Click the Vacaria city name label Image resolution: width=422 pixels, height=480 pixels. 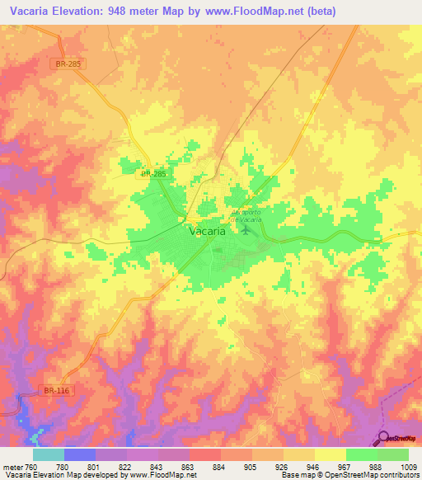(x=207, y=232)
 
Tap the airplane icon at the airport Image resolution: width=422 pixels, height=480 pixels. (x=245, y=228)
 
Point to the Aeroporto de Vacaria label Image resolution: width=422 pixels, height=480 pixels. (x=246, y=214)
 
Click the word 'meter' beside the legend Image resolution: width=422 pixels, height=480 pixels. (x=12, y=466)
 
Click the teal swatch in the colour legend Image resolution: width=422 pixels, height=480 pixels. (x=49, y=454)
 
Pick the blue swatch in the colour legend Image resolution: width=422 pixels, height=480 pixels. (x=80, y=454)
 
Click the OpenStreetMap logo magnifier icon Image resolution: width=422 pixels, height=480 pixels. (x=384, y=439)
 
